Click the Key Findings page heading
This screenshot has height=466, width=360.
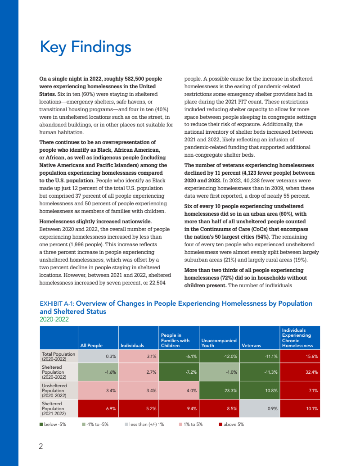(85, 47)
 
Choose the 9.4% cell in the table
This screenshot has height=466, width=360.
(179, 409)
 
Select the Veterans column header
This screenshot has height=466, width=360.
(251, 345)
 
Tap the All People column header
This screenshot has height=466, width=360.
(91, 345)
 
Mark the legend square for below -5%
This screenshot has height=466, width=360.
(42, 424)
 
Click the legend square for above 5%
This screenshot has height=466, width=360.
(220, 424)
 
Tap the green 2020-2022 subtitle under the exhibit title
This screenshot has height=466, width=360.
(54, 319)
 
